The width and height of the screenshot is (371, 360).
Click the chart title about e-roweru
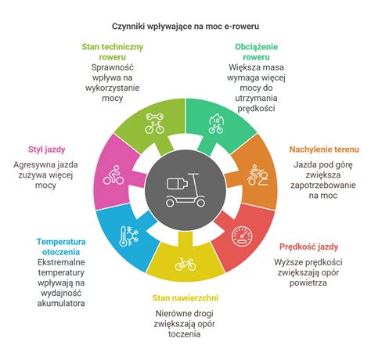(185, 26)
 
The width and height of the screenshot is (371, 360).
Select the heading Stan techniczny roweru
(113, 52)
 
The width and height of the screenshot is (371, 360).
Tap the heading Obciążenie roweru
(256, 52)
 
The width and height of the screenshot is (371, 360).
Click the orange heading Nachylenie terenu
(324, 149)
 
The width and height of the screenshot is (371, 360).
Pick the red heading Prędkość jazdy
(308, 247)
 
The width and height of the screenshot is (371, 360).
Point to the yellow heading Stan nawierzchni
(185, 298)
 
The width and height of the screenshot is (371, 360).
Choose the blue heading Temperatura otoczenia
(61, 247)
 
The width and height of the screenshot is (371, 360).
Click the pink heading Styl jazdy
(46, 149)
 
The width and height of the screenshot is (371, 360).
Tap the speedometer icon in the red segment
(242, 236)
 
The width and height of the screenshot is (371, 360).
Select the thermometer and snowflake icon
(129, 236)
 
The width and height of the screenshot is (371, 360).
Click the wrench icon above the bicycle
(155, 117)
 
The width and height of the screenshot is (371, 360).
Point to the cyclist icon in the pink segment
(113, 175)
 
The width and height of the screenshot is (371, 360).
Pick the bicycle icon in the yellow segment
(185, 264)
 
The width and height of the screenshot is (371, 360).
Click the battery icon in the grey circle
(177, 183)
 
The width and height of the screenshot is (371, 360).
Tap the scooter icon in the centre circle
(185, 190)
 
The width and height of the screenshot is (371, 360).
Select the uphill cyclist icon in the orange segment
(258, 175)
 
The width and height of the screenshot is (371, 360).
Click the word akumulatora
(61, 303)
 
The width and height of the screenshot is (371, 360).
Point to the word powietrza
(308, 283)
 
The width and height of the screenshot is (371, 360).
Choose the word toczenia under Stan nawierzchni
(185, 334)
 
